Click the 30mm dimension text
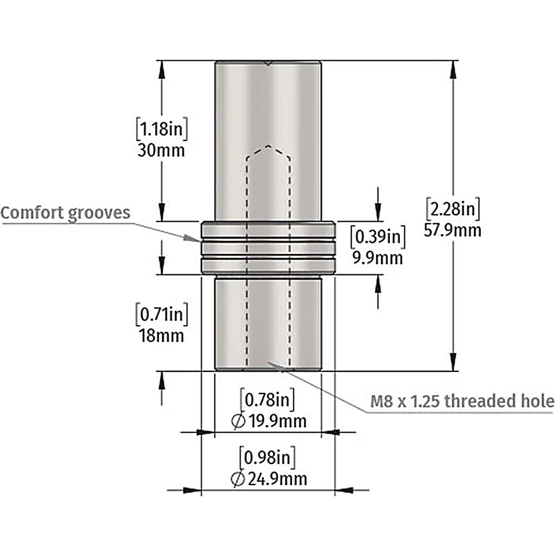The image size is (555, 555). pyautogui.click(x=161, y=151)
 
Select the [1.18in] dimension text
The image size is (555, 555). pyautogui.click(x=162, y=129)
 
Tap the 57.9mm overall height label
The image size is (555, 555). pyautogui.click(x=453, y=230)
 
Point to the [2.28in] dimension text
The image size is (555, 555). pyautogui.click(x=453, y=209)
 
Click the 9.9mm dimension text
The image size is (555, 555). pyautogui.click(x=377, y=258)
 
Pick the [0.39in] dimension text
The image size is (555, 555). pyautogui.click(x=377, y=236)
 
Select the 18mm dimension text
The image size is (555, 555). pyautogui.click(x=162, y=336)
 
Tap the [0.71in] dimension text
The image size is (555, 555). pyautogui.click(x=162, y=314)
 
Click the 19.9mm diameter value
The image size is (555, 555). pyautogui.click(x=277, y=421)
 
